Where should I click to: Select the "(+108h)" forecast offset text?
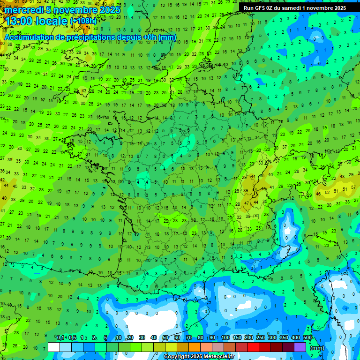coord(83,21)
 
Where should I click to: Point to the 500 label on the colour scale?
coord(307,337)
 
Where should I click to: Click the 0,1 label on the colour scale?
coord(60,337)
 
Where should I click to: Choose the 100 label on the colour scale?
coord(225,337)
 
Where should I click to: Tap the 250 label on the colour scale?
coord(261,337)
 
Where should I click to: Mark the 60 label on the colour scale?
coord(177,337)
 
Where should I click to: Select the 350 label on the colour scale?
coord(284,337)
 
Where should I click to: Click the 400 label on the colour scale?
coord(296,337)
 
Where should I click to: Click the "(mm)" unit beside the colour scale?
coord(317,348)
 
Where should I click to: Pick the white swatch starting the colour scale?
coord(54,347)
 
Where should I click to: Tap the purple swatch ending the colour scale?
coord(300,347)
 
